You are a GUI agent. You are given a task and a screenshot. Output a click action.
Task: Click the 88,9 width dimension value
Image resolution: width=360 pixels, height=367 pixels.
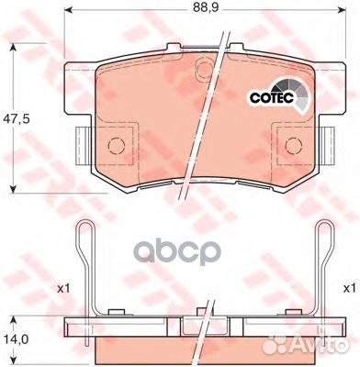205,8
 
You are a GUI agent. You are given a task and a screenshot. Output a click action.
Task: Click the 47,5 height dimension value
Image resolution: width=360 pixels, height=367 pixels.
16,119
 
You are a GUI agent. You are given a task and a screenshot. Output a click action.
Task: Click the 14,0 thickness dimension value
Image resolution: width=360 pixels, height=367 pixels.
16,339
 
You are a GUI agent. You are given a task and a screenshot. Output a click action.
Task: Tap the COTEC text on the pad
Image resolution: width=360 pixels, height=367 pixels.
272,97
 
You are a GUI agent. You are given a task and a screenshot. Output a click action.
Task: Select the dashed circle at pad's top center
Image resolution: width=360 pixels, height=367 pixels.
206,67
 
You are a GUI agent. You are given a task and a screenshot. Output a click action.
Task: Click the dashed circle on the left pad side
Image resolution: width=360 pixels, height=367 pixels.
117,145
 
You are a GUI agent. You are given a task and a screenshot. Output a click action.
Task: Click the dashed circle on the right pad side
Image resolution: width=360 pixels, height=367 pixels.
294,145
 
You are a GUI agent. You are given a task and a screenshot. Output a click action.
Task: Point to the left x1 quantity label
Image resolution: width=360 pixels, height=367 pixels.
63,288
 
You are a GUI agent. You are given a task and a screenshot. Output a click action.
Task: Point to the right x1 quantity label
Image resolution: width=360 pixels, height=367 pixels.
349,288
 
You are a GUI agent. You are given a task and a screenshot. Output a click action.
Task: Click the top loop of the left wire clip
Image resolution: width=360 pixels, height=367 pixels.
84,226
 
